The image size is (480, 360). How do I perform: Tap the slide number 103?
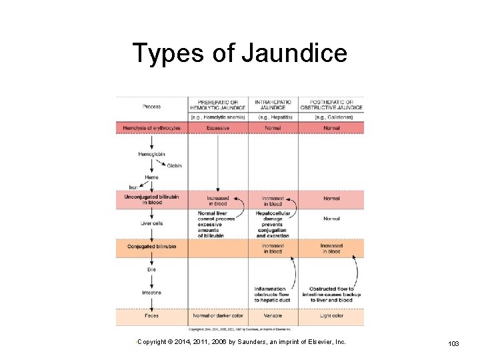coord(453,343)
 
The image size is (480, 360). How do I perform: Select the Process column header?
coord(151,106)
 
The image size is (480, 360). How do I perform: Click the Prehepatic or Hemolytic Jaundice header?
coord(217,105)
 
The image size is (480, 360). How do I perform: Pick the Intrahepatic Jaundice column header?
coord(273,105)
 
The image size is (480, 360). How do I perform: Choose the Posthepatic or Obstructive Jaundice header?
coord(331,105)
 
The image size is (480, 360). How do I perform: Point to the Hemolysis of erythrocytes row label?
coord(152,127)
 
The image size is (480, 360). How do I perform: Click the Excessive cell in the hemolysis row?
coord(217,127)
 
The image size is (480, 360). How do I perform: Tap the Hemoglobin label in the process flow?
coord(151,154)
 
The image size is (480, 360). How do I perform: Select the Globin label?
coord(174,165)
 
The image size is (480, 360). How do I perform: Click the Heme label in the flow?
coord(151,177)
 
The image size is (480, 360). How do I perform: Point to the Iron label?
coord(133,187)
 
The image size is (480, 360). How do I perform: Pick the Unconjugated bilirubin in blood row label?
coord(151,199)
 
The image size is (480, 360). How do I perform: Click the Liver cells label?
coord(151,223)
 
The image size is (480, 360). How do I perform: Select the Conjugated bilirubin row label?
coord(152,247)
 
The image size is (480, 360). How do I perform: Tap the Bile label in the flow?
coord(151,269)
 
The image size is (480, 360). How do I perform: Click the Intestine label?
coord(151,293)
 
